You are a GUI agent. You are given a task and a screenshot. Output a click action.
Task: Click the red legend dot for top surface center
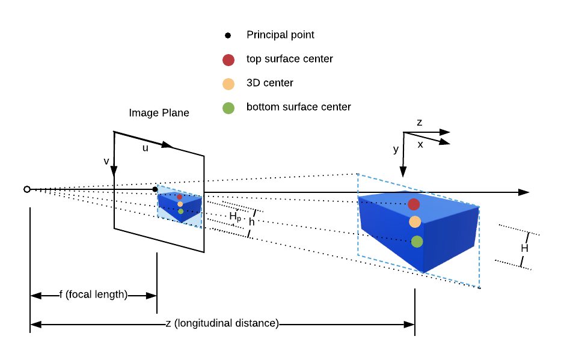(228, 59)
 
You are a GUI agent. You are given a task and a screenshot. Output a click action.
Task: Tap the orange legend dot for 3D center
(228, 84)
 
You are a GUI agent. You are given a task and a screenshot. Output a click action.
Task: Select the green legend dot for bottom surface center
(228, 108)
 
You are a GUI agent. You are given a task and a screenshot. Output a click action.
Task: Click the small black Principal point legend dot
(228, 35)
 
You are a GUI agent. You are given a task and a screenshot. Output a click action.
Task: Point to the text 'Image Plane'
(159, 113)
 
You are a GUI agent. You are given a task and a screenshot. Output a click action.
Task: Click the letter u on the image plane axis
(145, 148)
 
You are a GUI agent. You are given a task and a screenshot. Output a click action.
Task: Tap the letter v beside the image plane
(106, 161)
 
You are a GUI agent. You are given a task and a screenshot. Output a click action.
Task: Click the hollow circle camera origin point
(27, 189)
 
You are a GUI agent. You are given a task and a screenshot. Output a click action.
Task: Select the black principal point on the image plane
(155, 189)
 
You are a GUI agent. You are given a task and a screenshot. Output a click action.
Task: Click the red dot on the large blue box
(414, 204)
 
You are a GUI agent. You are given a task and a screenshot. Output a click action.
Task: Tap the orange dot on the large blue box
(415, 222)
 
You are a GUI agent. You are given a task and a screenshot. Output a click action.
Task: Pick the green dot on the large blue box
(417, 242)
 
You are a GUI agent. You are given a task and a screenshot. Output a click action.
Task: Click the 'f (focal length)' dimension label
(93, 294)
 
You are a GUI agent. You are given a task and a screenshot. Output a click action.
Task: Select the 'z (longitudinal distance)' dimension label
(222, 323)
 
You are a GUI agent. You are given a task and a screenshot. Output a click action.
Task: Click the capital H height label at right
(524, 248)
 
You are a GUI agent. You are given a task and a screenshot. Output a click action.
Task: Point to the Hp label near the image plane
(234, 216)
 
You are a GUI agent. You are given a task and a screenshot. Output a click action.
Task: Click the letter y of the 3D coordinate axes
(396, 149)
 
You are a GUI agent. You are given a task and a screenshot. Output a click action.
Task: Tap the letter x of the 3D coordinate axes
(420, 144)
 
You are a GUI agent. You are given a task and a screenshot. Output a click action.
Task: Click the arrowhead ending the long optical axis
(524, 192)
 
